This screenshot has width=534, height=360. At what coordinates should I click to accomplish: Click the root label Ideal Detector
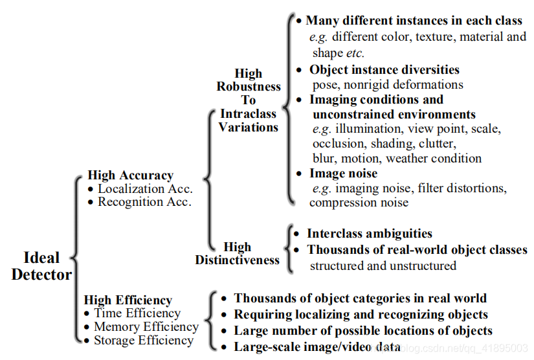coord(41,265)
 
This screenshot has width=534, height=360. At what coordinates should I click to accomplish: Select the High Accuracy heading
coord(130,175)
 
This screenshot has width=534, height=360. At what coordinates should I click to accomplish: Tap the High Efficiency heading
coord(128,300)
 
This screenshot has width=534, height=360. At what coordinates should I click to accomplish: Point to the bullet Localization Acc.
coord(145,189)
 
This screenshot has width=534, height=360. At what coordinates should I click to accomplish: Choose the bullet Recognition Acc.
coord(144,202)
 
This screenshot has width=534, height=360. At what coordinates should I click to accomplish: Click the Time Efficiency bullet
coord(137,313)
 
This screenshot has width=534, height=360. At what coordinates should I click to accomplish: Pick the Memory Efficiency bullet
coord(146,327)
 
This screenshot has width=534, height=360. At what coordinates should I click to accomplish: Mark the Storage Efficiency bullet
coord(143,340)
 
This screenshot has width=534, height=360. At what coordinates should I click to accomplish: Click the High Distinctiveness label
coord(238,253)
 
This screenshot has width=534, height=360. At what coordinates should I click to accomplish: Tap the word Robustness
coord(249,87)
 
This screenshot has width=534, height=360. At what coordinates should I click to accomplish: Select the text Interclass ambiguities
coord(370,234)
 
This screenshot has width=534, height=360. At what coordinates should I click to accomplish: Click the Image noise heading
coord(343,174)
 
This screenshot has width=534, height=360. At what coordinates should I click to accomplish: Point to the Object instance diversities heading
coord(384,70)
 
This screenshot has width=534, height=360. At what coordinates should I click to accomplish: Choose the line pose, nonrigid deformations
coord(388,84)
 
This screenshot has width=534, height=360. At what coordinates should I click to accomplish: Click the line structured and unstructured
coord(383,265)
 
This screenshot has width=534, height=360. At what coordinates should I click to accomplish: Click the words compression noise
coord(359,203)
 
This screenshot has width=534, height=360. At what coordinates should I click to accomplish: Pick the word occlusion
coord(338,143)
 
